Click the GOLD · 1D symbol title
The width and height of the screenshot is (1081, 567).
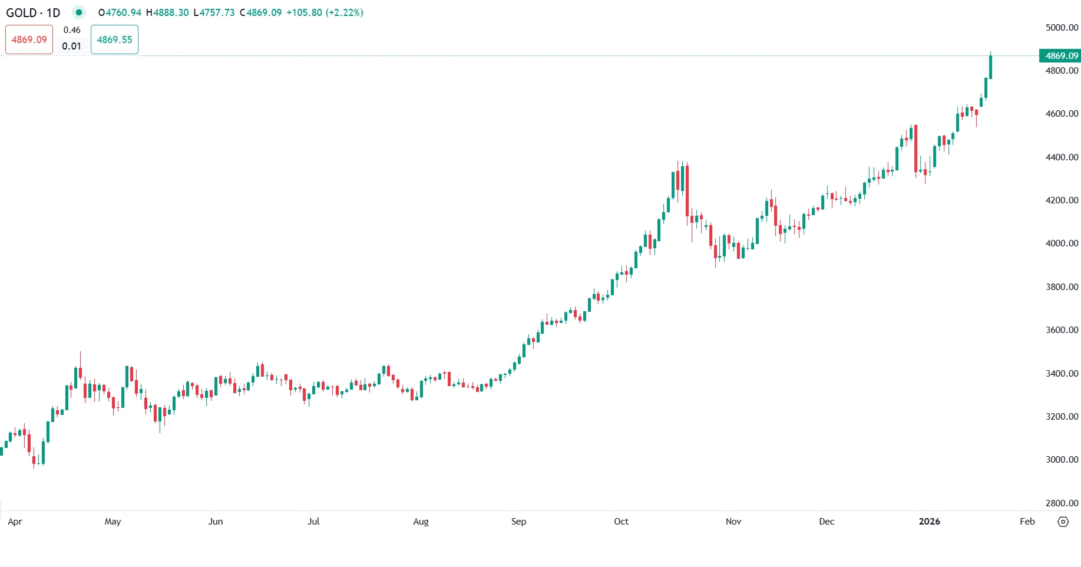(33, 12)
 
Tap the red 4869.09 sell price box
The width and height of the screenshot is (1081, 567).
(29, 39)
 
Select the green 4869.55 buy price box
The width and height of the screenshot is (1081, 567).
(114, 39)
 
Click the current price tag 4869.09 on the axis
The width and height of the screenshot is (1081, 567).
(1060, 56)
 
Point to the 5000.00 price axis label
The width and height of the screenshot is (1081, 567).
(1062, 27)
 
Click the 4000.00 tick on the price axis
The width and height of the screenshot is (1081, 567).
(1062, 243)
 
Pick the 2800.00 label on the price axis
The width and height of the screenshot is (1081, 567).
(1062, 503)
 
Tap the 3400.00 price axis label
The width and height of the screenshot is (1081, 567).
(1062, 373)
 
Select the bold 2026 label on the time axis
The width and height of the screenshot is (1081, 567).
(929, 522)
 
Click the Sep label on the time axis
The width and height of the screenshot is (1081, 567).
(518, 522)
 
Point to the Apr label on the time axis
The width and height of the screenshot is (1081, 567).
(15, 522)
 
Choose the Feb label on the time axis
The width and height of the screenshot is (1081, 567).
(1027, 522)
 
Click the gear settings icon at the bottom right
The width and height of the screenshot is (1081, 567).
(1063, 522)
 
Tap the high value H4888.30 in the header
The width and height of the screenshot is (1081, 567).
(167, 12)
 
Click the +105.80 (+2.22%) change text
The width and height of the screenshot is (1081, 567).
(325, 12)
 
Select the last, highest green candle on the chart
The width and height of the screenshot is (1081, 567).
(991, 67)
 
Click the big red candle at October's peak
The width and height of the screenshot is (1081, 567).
(687, 192)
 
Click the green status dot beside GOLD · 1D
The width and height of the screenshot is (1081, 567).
(78, 12)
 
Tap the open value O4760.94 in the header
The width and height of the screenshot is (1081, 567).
(120, 12)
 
